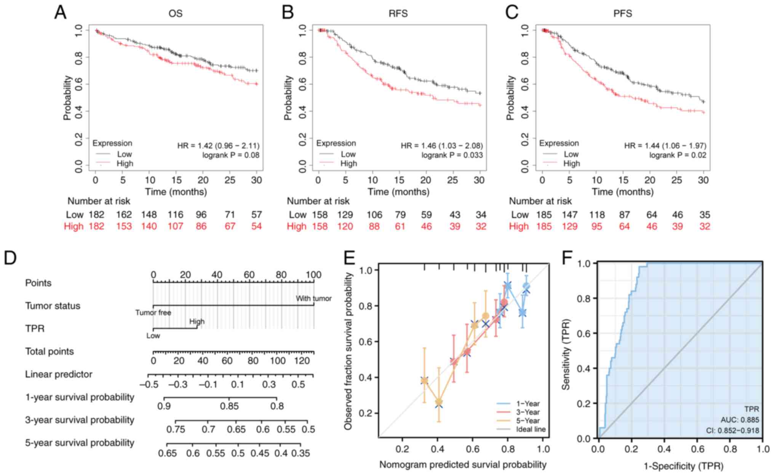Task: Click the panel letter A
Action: [x=61, y=13]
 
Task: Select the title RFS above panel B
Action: [x=398, y=14]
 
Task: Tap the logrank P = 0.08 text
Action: [x=231, y=155]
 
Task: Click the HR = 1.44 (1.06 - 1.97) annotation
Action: [x=665, y=145]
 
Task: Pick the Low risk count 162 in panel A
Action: [x=124, y=215]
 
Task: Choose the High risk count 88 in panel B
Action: [x=374, y=227]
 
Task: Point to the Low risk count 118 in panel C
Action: [x=596, y=215]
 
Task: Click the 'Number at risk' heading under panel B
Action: [x=318, y=201]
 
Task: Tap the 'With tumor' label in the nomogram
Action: [x=314, y=299]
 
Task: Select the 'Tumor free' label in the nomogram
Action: [x=153, y=313]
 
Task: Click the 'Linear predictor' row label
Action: [x=59, y=374]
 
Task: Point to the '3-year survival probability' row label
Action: [x=80, y=420]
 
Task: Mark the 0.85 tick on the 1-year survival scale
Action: [x=229, y=406]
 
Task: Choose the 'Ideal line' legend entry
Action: [x=531, y=430]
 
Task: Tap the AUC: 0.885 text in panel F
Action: [x=740, y=420]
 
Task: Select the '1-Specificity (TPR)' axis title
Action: [x=683, y=466]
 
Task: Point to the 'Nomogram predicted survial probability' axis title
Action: [x=463, y=465]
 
